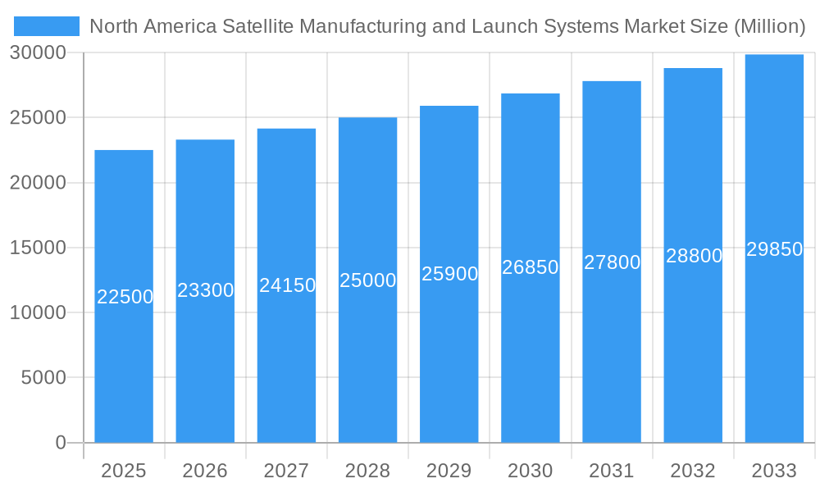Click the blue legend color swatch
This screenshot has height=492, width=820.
pos(47,26)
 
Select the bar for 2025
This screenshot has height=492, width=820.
pos(124,369)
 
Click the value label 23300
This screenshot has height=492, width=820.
pos(206,290)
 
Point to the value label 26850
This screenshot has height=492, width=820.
pos(531,267)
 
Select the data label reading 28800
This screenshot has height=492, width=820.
pos(694,256)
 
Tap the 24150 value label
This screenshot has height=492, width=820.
pos(287,285)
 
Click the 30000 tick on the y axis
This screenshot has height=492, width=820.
pos(38,52)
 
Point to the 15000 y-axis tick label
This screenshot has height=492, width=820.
pos(38,248)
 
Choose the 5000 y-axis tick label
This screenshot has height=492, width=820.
pos(43,378)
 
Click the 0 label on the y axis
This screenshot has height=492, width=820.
pos(61,443)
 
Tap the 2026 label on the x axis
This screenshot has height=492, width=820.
pos(205,471)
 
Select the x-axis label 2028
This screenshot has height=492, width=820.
pos(367,471)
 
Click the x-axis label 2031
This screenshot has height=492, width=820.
pos(612,471)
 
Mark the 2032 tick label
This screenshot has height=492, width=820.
pos(693,471)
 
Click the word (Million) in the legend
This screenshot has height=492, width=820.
pos(769,26)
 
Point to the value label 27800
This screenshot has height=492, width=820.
pos(612,262)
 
